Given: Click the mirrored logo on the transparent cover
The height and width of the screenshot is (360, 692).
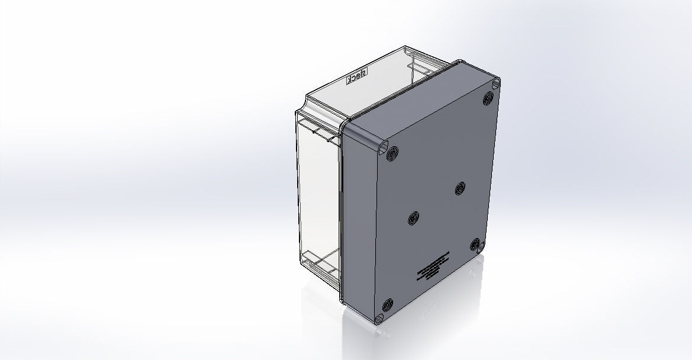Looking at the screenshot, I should [357, 76].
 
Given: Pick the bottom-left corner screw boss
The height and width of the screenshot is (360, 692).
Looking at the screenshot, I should [388, 305].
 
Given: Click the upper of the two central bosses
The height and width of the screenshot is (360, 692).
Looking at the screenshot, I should [460, 188].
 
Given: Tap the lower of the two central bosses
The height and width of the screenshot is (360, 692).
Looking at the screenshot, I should [413, 219].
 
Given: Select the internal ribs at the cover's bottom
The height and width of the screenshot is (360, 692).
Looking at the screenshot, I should [320, 263].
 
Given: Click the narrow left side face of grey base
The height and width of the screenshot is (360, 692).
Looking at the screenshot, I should [358, 225].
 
